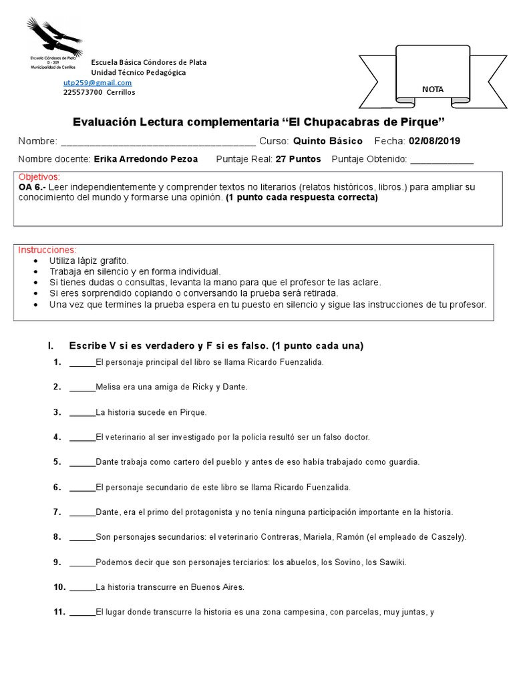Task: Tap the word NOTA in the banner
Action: click(x=432, y=90)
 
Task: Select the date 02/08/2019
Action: click(x=434, y=141)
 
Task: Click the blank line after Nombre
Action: click(x=158, y=142)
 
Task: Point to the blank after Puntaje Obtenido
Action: click(x=442, y=159)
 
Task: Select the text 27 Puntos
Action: click(x=298, y=159)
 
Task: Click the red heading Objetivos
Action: click(x=39, y=177)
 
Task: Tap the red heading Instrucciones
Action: click(x=47, y=250)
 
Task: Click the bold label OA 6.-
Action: click(x=31, y=187)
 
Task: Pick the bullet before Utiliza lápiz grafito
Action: click(x=35, y=260)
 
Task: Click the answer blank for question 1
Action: click(x=82, y=362)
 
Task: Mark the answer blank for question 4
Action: click(x=82, y=437)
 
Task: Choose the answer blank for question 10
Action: click(x=82, y=587)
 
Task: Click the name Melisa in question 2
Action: click(x=108, y=387)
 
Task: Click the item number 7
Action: click(x=57, y=512)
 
